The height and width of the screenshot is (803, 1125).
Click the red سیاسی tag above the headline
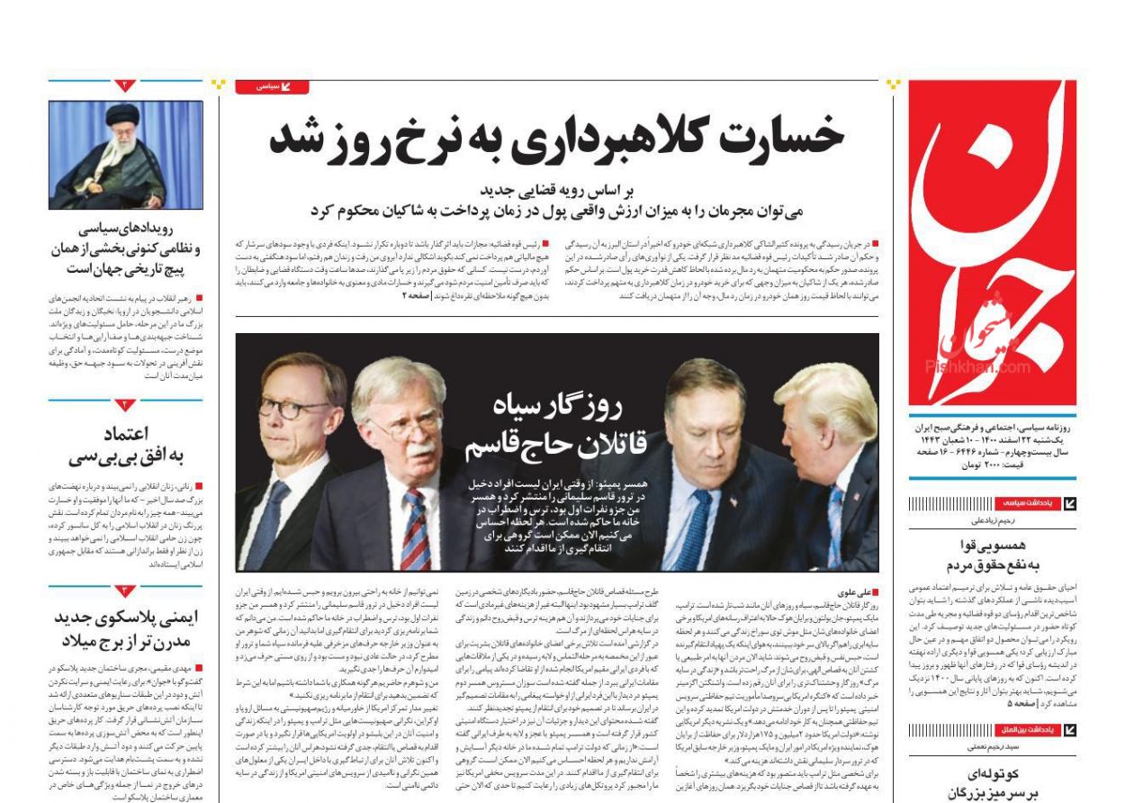pyautogui.click(x=272, y=86)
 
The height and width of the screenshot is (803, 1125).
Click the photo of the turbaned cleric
pyautogui.click(x=125, y=155)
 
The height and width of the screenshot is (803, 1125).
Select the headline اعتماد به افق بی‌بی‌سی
pyautogui.click(x=125, y=445)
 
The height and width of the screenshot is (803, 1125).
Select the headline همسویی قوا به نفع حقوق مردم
pyautogui.click(x=993, y=555)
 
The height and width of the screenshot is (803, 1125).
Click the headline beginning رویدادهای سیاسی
pyautogui.click(x=125, y=248)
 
